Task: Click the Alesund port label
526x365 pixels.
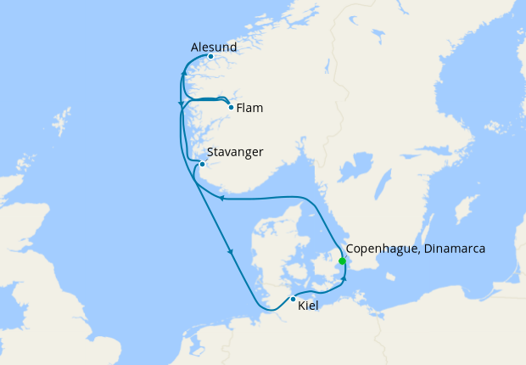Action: (x=214, y=47)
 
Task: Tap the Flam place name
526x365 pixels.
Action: (x=249, y=108)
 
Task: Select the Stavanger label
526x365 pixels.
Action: (x=235, y=152)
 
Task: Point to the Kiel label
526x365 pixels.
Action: (x=308, y=306)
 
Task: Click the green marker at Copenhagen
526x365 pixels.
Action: (x=342, y=261)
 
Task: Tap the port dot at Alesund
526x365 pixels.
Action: (x=210, y=57)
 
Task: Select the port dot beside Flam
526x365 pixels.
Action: (x=231, y=107)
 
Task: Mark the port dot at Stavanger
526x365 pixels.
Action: (x=202, y=165)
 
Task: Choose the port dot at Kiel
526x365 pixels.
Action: (x=293, y=299)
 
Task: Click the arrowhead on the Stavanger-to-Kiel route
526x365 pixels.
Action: (x=230, y=252)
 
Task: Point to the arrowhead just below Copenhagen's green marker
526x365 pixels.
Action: (x=344, y=277)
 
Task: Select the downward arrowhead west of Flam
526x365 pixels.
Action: (x=180, y=104)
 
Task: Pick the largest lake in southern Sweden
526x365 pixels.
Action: (x=361, y=161)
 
